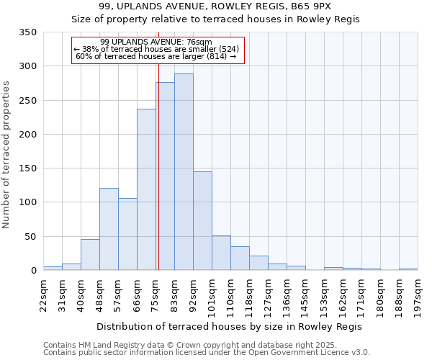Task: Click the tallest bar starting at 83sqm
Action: click(x=184, y=173)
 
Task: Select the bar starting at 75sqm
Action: click(x=165, y=176)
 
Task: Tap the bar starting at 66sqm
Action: click(x=146, y=190)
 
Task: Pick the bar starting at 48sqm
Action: click(x=109, y=229)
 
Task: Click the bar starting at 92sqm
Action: click(x=202, y=221)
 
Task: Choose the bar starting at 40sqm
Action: click(x=90, y=255)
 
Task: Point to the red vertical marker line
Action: click(x=158, y=166)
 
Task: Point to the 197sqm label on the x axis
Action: click(x=418, y=294)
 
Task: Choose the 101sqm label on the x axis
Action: click(x=212, y=294)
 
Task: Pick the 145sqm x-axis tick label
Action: click(x=306, y=294)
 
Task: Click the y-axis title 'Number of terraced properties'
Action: click(x=6, y=155)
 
